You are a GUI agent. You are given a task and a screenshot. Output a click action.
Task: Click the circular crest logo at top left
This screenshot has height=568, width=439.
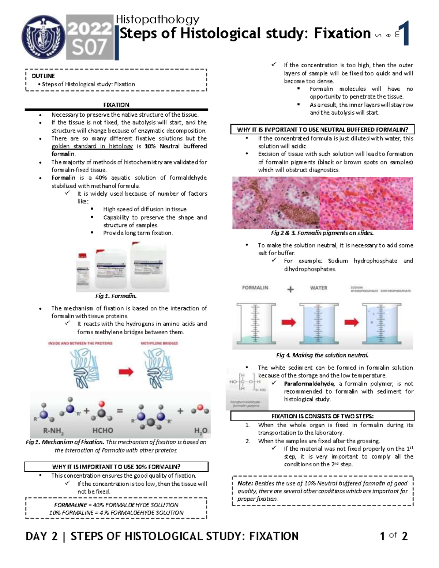44,37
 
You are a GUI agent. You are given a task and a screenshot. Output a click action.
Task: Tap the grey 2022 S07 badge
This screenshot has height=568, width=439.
90,38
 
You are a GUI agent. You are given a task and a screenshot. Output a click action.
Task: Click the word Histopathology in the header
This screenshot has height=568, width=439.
157,19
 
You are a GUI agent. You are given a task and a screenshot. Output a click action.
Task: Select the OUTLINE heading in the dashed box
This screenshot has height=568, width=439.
43,76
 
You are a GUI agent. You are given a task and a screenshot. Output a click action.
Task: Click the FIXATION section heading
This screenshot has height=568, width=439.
116,105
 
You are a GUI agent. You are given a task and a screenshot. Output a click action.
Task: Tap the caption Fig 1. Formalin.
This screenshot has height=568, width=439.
116,296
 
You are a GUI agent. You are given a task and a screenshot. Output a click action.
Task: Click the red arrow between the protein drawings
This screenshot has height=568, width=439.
126,372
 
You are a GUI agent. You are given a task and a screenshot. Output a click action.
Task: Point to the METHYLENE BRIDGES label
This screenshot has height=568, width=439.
159,343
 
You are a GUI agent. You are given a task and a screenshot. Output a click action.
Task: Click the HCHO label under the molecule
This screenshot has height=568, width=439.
103,430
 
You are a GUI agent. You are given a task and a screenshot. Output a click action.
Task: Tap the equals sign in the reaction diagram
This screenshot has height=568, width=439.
120,411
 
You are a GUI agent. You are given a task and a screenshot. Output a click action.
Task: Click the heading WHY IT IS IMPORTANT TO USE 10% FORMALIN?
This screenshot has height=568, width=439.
116,467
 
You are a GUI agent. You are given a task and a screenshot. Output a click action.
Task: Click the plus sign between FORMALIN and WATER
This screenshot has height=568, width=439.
290,290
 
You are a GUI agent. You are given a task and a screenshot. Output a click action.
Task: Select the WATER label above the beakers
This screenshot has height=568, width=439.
319,288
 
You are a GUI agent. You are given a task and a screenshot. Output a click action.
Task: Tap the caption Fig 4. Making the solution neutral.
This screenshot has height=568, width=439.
322,355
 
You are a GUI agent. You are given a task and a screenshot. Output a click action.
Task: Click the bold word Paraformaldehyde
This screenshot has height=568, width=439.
309,384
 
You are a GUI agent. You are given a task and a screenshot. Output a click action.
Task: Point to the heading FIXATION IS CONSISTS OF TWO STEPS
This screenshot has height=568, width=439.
322,416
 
